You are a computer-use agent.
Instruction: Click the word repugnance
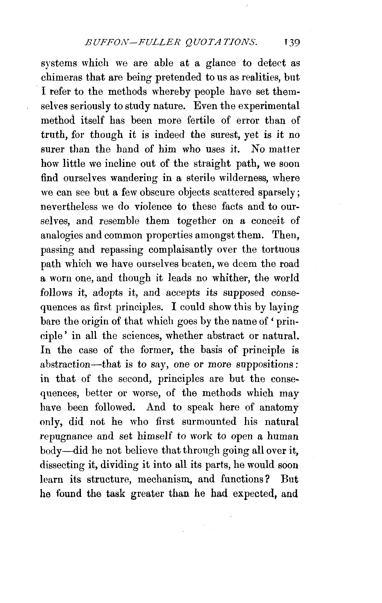click(66, 436)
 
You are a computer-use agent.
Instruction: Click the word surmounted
click(209, 422)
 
